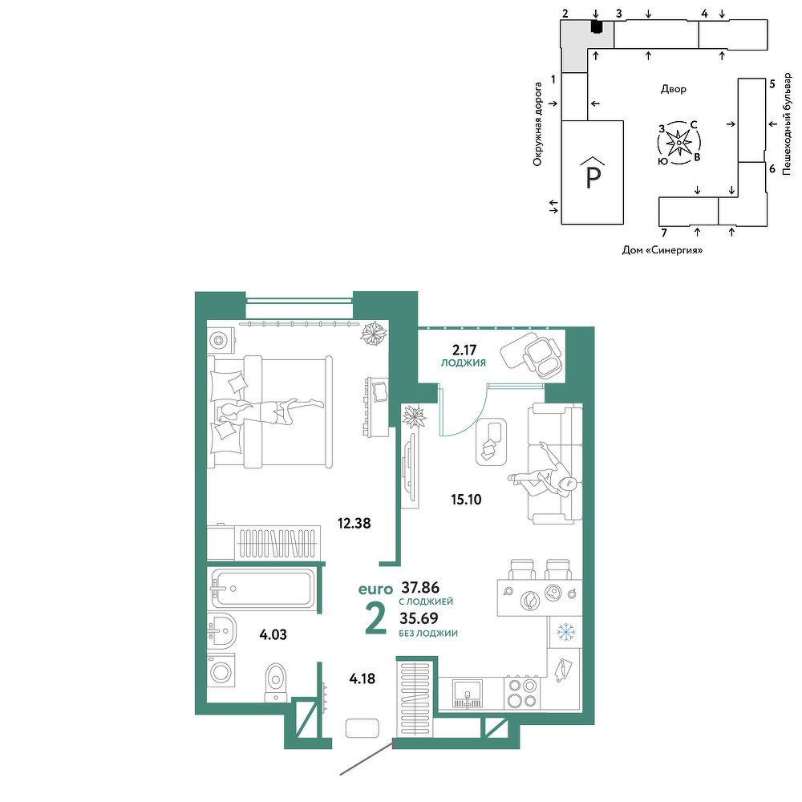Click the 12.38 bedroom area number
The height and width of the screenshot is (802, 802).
pos(354,523)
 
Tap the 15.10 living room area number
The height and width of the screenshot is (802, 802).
pos(466,499)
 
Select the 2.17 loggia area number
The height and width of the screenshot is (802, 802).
pos(464,350)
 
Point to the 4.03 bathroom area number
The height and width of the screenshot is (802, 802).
pos(273,634)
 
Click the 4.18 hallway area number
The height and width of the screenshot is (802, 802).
pos(363,678)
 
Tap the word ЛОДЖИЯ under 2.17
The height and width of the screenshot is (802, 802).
pos(464,363)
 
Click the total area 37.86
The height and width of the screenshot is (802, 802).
pos(420,587)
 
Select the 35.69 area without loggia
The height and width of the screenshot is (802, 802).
pos(419,618)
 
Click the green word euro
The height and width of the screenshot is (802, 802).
pos(375,589)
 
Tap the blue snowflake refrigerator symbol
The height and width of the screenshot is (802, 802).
pos(565,632)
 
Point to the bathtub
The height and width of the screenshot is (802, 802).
pos(262,588)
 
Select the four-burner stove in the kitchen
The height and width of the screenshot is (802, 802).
pos(522,693)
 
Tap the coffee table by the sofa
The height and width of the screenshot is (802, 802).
pos(491,442)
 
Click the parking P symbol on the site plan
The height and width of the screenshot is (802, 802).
pos(593,173)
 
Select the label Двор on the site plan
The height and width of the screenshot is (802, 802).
pos(673,90)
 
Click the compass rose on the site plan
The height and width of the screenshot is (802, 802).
pos(678,142)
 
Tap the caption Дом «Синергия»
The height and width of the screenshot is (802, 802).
pos(662,250)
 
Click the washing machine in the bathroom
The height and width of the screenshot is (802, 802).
pos(221,671)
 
